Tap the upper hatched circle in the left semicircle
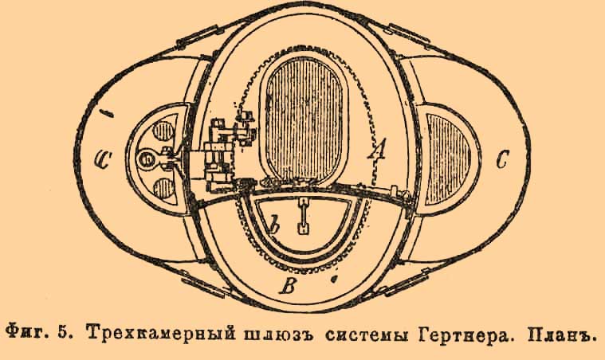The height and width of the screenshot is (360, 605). [165, 132]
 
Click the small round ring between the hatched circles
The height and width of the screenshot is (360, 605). [147, 160]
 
